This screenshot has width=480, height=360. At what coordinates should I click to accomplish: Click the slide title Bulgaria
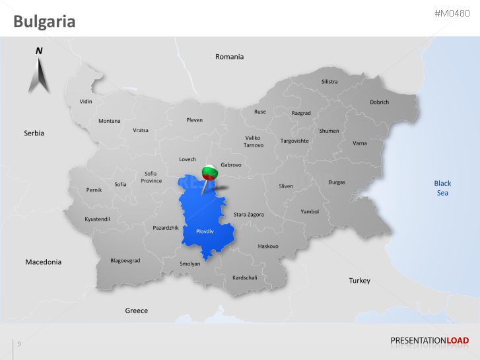point(44,22)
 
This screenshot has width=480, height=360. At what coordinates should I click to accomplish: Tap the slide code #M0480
point(452,14)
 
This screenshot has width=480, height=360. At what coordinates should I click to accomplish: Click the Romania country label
point(229,57)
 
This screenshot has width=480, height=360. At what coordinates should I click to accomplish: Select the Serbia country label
point(34,133)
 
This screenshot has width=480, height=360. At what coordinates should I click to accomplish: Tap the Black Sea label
point(442,188)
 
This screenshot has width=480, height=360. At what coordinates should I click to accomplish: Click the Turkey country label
point(360,281)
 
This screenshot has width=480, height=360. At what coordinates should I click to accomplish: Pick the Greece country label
point(137,310)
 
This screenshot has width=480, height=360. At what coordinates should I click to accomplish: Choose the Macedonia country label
point(44,262)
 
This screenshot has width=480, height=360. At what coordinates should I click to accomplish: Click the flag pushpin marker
point(209,173)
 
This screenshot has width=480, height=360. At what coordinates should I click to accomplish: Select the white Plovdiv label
point(205,232)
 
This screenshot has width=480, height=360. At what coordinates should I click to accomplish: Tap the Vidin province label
point(86,102)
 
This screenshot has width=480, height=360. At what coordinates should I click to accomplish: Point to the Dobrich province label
point(380,102)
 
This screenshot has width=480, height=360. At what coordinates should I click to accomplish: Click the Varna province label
point(360,143)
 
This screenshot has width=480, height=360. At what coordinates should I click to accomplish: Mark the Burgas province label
point(337,182)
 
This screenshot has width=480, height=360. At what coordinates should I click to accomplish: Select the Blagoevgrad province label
point(125,261)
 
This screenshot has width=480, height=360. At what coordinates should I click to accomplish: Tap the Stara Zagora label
point(249,215)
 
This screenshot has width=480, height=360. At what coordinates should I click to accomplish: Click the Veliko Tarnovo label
point(254,141)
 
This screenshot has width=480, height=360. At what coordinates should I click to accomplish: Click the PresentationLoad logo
point(430,341)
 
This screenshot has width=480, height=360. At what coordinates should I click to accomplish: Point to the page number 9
point(19,344)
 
